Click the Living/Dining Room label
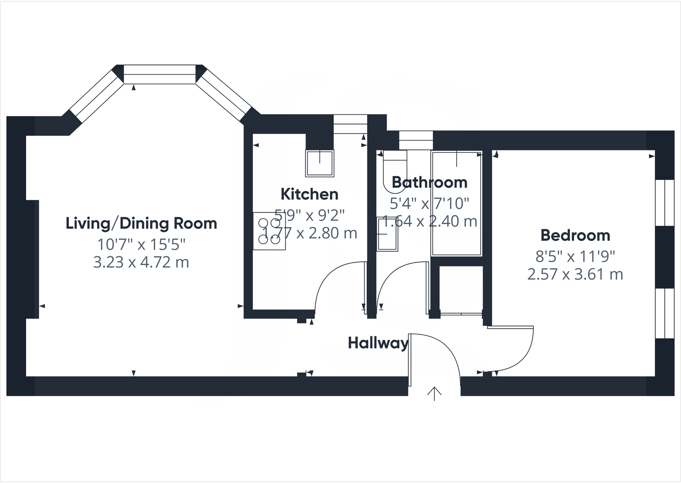(141, 223)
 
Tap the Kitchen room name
(309, 194)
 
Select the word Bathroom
(429, 183)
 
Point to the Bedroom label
(575, 235)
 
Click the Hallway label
(378, 343)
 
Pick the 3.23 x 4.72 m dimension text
(141, 262)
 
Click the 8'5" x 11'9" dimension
(575, 256)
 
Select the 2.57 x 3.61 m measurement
(575, 274)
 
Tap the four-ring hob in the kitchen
(269, 231)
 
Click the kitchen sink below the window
(320, 163)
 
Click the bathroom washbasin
(387, 234)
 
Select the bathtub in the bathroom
(457, 203)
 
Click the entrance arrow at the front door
(434, 393)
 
